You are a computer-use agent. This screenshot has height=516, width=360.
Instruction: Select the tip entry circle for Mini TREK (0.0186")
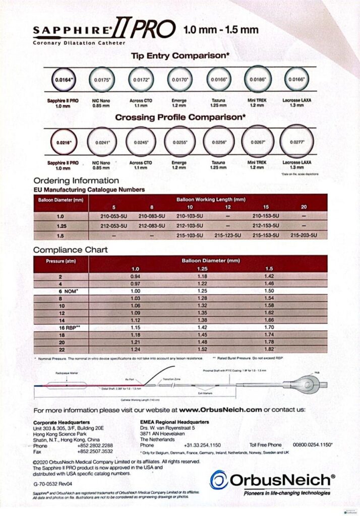pos(259,80)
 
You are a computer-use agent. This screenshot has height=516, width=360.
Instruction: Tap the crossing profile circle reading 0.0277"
pos(297,142)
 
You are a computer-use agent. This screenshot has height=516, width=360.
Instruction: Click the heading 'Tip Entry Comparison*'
pos(181,56)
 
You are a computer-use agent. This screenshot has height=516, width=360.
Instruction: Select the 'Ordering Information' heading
pos(76,180)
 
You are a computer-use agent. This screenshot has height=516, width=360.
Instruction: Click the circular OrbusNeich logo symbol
pos(218,479)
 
